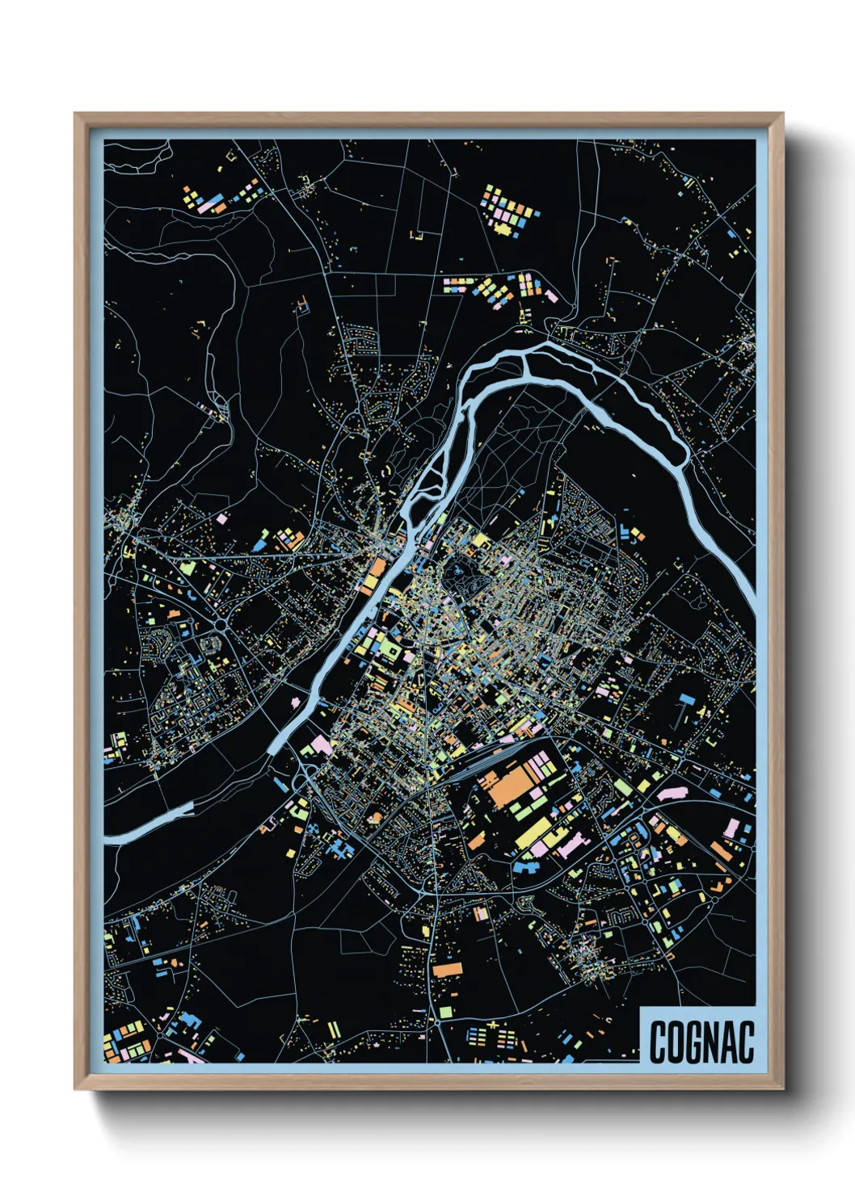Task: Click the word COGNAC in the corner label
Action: pyautogui.click(x=701, y=1041)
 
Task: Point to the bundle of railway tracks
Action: pyautogui.click(x=485, y=764)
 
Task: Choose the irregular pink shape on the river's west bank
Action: pyautogui.click(x=318, y=743)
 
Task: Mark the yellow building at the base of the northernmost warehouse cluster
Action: pyautogui.click(x=504, y=230)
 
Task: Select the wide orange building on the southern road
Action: pyautogui.click(x=446, y=969)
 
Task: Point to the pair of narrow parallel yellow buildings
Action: pyautogui.click(x=334, y=1029)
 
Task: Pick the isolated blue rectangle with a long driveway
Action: pyautogui.click(x=687, y=698)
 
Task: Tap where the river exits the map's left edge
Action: pyautogui.click(x=108, y=838)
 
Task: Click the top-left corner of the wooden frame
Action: pyautogui.click(x=76, y=115)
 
